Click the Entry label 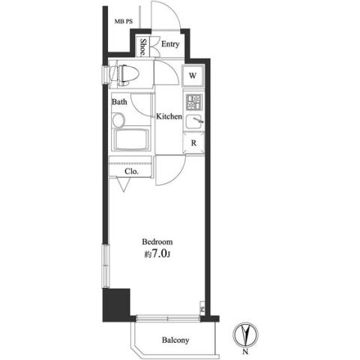[170, 44]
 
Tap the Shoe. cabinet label [143, 46]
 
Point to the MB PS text [124, 22]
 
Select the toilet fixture [124, 74]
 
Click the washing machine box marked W [193, 76]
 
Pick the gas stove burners [193, 103]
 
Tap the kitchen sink [194, 121]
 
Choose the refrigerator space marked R [193, 143]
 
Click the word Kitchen [169, 116]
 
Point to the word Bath [119, 102]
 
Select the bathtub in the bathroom [130, 139]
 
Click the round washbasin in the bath [118, 120]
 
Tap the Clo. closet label [131, 172]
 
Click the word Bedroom [157, 241]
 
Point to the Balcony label [175, 340]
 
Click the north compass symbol [245, 334]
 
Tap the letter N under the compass [245, 352]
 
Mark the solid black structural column [116, 305]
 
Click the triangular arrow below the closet [123, 184]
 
